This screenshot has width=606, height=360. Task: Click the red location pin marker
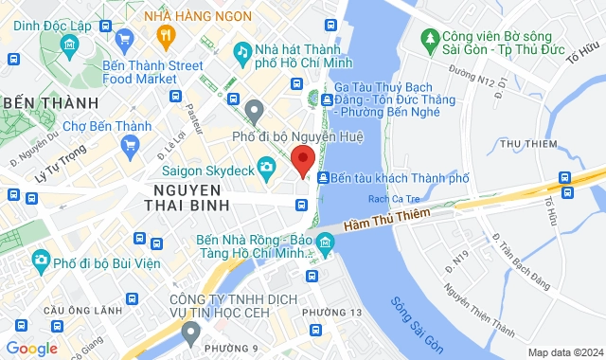pyautogui.click(x=302, y=160)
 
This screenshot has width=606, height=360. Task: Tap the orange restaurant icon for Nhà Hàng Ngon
pyautogui.click(x=167, y=37)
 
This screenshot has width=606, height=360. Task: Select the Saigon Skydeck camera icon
pyautogui.click(x=267, y=167)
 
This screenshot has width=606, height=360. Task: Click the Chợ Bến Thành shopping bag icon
pyautogui.click(x=132, y=145)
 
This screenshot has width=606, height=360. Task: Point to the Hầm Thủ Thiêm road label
pyautogui.click(x=388, y=218)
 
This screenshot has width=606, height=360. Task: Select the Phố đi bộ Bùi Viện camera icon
pyautogui.click(x=40, y=260)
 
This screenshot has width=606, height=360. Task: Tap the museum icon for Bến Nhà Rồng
pyautogui.click(x=326, y=246)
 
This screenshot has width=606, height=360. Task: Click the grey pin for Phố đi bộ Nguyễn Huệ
pyautogui.click(x=253, y=113)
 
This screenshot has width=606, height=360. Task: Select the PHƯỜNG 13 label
pyautogui.click(x=331, y=312)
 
